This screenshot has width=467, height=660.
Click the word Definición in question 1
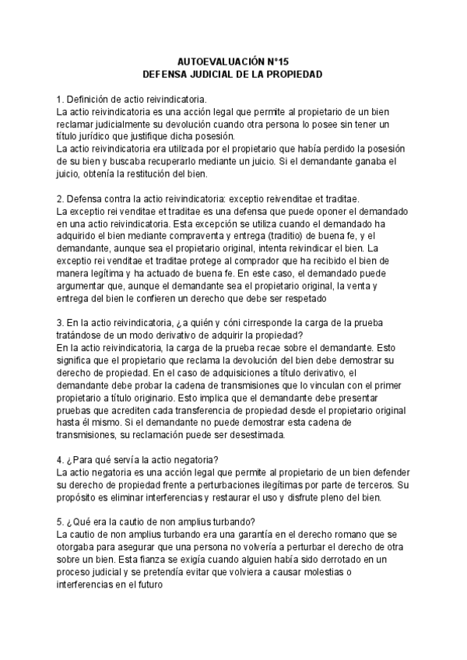point(90,100)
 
